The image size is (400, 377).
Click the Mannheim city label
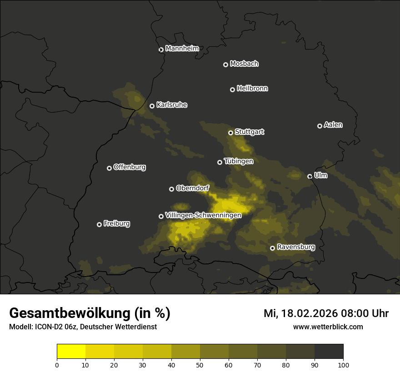coord(182,48)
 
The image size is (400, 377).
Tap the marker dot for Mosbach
coord(225,64)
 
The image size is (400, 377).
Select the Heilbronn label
coord(252,88)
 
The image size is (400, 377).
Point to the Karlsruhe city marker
coord(152,106)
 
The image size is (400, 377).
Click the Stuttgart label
coord(249,132)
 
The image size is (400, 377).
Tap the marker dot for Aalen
coord(320,126)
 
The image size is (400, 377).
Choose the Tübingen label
coord(239,161)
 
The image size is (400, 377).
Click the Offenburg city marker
coord(109,168)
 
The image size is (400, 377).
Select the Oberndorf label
coord(192,188)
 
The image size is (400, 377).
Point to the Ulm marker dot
coord(310,176)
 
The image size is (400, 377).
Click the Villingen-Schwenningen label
coord(203,215)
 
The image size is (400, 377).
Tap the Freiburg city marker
coord(99,224)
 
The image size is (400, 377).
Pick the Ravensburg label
coord(296,247)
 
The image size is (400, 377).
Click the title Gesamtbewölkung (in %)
coord(90,313)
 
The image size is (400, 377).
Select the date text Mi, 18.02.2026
coord(300,313)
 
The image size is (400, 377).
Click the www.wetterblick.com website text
coord(328,327)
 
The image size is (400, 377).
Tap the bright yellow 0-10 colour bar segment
coord(71,352)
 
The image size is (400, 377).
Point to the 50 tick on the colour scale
coord(200,364)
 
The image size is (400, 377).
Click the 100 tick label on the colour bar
coord(343,364)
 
